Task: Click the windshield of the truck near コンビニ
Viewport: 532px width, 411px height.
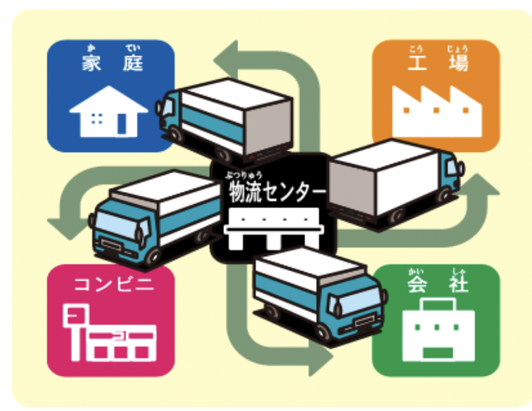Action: pos(114,224)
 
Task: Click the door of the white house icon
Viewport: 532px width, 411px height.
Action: pos(122,124)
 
